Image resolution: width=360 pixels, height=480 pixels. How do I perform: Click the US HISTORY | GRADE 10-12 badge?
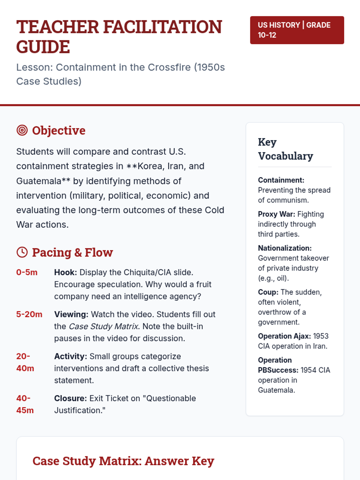pos(297,30)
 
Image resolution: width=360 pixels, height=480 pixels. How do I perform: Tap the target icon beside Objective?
pos(22,130)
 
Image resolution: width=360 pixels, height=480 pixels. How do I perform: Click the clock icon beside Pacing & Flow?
pos(22,252)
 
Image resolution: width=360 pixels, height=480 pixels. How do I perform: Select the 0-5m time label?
pos(27,272)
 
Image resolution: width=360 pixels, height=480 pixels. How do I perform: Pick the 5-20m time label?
pos(29,314)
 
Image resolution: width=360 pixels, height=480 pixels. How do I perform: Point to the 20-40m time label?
pos(25,362)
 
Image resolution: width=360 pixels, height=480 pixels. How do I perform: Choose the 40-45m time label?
pos(25,404)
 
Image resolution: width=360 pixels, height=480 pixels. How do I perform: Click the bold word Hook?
pos(65,272)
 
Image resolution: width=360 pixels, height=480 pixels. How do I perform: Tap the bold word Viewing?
pos(71,314)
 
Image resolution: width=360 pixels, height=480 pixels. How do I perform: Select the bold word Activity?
pos(70,356)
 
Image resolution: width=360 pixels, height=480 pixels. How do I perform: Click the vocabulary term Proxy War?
pos(276,214)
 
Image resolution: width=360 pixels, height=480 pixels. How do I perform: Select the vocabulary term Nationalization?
pos(285,248)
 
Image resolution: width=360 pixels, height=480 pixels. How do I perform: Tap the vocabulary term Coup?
pos(268,292)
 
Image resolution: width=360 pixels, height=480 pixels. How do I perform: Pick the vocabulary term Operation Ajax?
pos(284,336)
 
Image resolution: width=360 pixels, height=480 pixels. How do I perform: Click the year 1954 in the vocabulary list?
pos(308,370)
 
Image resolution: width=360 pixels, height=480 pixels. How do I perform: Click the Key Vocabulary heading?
pos(285,149)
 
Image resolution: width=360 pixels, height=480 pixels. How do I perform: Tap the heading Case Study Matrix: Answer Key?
pos(123,461)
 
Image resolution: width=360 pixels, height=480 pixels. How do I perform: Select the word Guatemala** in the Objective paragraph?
pos(43,181)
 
